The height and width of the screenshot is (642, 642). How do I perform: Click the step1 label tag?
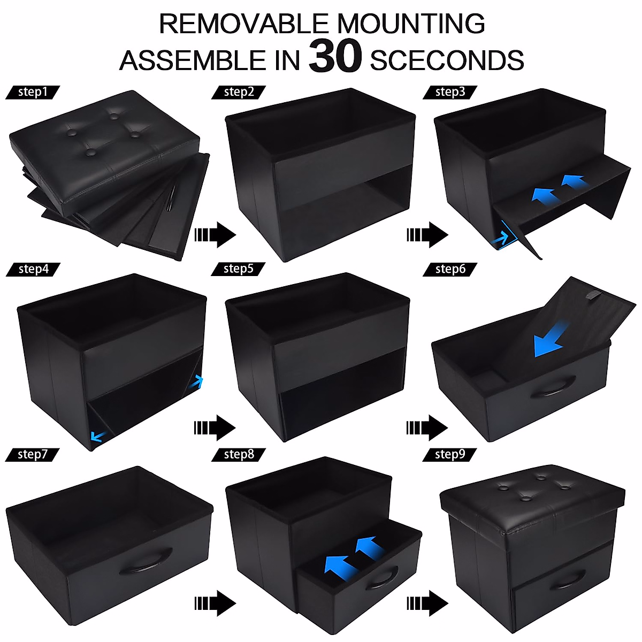tap(33, 92)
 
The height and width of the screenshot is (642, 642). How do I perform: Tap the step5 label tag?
tap(239, 269)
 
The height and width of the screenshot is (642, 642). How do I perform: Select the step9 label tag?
tap(450, 454)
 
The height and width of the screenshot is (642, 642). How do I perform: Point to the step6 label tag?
tap(450, 269)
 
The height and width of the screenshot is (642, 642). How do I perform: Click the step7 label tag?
tap(33, 454)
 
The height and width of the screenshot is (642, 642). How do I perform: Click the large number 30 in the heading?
tap(335, 57)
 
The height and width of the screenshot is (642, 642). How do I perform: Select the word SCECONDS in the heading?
tap(447, 60)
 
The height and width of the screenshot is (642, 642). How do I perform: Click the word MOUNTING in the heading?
tap(410, 24)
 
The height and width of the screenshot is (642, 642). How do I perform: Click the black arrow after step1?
tap(215, 234)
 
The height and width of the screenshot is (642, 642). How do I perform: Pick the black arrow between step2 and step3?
tap(427, 234)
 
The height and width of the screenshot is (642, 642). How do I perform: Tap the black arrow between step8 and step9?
tap(427, 603)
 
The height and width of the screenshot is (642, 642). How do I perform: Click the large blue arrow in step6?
tap(549, 342)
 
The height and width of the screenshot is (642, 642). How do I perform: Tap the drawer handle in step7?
tap(146, 561)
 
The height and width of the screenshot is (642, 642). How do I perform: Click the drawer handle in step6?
tap(552, 386)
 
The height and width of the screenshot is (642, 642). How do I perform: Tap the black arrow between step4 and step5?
tap(215, 427)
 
